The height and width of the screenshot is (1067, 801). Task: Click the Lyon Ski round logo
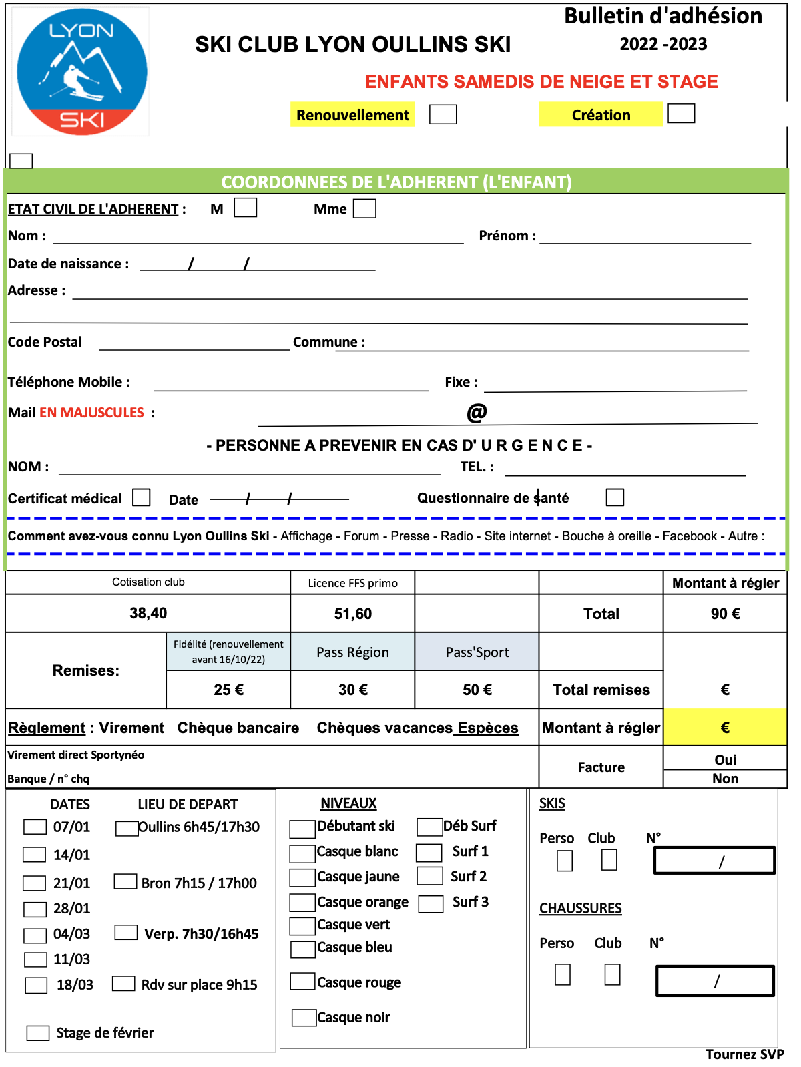coord(81,71)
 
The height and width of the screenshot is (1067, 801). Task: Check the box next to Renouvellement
coord(443,114)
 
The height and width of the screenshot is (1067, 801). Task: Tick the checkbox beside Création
coord(681,114)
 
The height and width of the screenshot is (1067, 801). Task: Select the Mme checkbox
coord(364,208)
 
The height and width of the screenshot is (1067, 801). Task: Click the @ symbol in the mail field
coord(477,412)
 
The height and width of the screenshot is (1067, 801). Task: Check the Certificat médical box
coord(142,497)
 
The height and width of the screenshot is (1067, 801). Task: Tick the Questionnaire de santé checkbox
coord(615,497)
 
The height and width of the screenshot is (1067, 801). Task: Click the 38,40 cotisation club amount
coord(148,613)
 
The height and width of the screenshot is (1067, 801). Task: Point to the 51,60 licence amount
coord(352,614)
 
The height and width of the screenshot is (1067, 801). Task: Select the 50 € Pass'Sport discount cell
coord(477,690)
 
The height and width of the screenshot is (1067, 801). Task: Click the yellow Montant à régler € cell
coord(725,727)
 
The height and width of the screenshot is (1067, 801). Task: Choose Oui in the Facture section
coord(725,759)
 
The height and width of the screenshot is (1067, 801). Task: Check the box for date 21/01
coord(35,883)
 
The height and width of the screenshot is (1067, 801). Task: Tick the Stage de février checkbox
coord(38,1033)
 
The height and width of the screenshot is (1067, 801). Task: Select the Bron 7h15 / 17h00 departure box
coord(125,881)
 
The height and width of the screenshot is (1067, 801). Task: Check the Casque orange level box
coord(302,903)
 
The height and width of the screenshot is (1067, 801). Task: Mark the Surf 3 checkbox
coord(431,903)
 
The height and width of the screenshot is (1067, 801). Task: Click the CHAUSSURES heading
coord(580,908)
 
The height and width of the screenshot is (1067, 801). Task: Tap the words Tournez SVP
coord(744,1054)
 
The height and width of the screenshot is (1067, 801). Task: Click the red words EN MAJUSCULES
coord(91,413)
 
